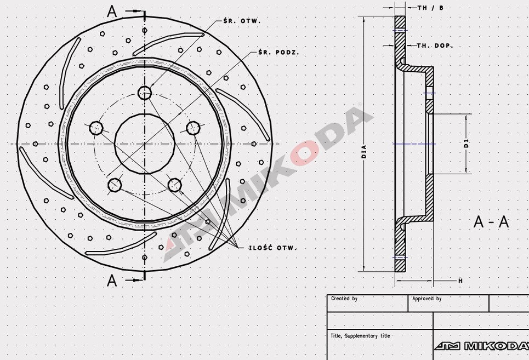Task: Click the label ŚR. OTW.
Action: click(x=242, y=21)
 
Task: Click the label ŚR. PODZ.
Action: click(x=278, y=52)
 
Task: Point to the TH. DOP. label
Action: click(x=435, y=45)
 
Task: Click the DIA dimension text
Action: click(x=363, y=148)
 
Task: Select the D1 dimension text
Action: click(x=466, y=144)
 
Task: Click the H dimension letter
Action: click(x=460, y=281)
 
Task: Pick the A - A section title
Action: click(x=491, y=222)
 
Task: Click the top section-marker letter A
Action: click(x=112, y=12)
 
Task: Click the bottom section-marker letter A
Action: click(x=112, y=281)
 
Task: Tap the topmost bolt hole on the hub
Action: click(x=145, y=93)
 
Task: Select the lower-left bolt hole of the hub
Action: click(x=114, y=185)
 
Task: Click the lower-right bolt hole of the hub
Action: click(x=175, y=185)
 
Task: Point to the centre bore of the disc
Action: click(x=145, y=144)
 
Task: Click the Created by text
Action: click(x=344, y=299)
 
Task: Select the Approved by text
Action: click(x=426, y=299)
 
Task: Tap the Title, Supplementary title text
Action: click(x=361, y=336)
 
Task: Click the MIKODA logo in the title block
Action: click(x=481, y=346)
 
